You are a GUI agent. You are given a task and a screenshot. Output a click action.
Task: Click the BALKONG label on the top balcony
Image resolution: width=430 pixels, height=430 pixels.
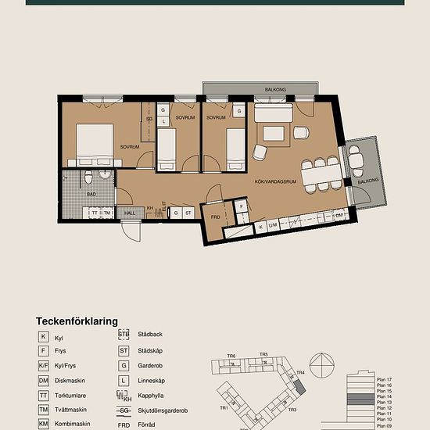(x=274, y=90)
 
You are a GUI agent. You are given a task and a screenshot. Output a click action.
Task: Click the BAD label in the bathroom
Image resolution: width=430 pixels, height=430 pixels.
(x=91, y=193)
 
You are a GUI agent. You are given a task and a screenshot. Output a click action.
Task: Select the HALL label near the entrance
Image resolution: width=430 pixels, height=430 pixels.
(x=130, y=213)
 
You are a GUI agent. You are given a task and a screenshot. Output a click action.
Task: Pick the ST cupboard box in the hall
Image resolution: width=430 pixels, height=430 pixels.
(x=189, y=213)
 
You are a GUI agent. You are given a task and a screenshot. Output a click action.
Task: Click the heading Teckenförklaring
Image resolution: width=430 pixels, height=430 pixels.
(x=77, y=321)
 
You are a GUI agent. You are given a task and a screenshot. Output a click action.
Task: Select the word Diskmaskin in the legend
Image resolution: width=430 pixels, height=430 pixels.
(x=70, y=380)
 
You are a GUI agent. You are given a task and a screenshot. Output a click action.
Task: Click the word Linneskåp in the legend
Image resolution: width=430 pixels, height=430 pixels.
(x=152, y=380)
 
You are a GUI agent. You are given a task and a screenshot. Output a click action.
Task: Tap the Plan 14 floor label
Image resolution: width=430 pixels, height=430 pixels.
(x=384, y=398)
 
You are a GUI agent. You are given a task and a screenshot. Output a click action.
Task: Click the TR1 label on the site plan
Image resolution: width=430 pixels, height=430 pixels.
(x=224, y=407)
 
